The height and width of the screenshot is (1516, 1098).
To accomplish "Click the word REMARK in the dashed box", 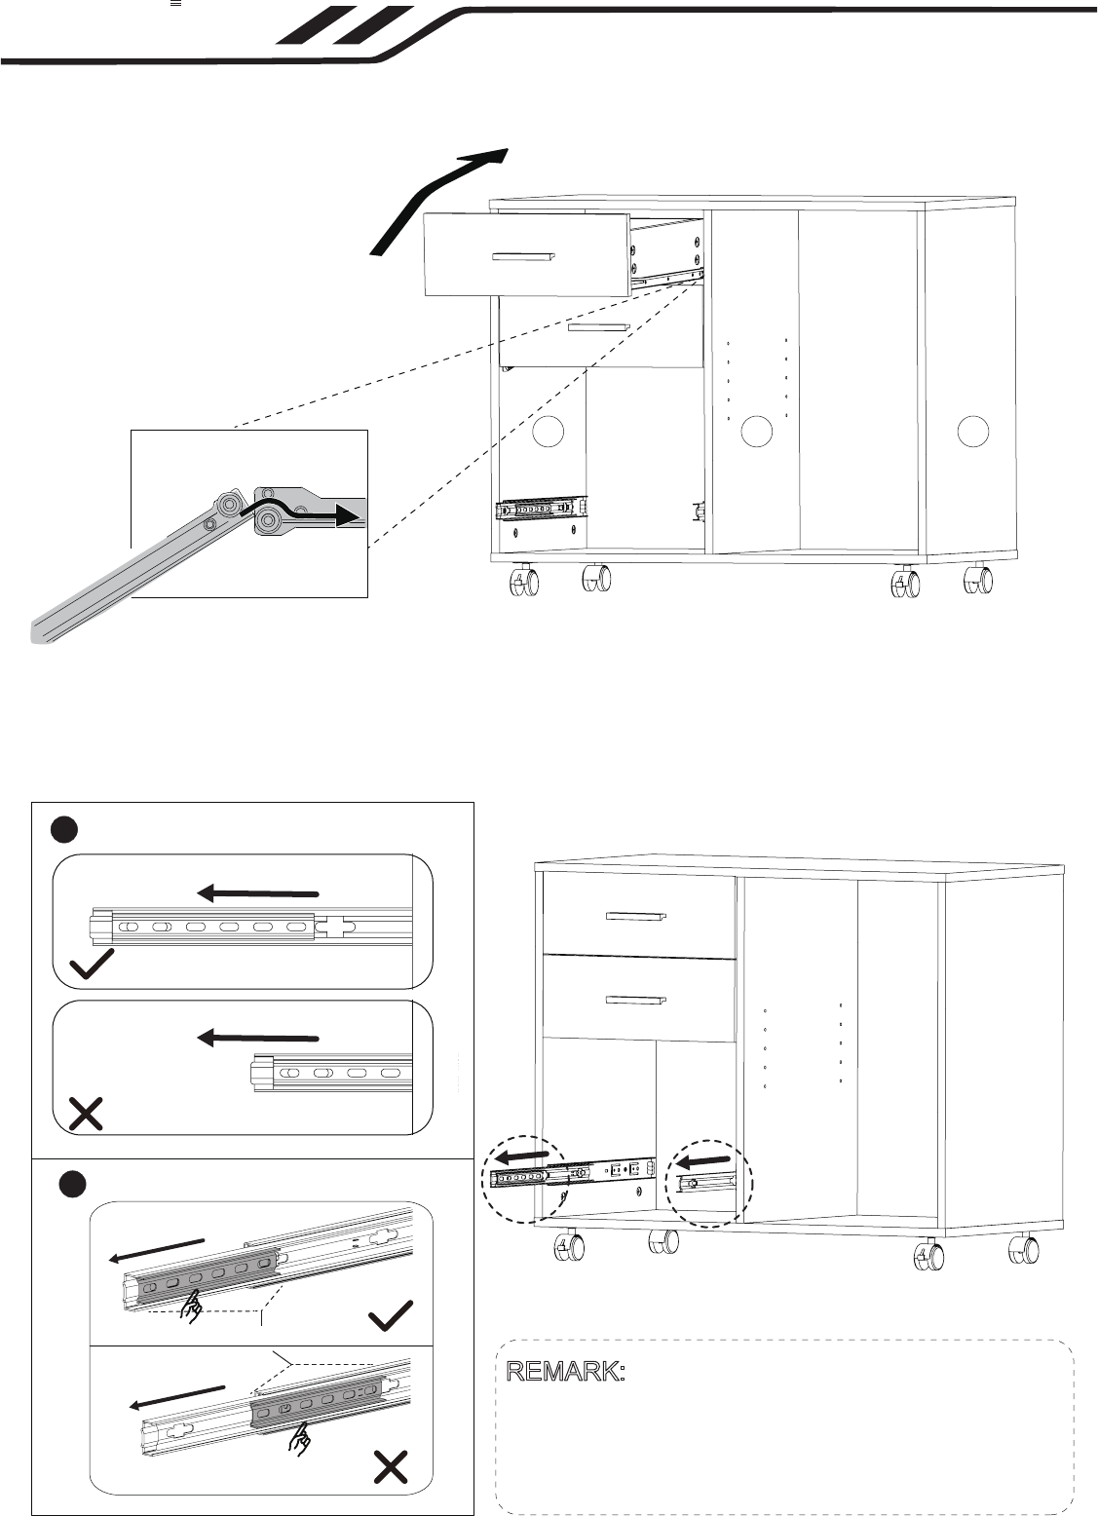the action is point(565,1371).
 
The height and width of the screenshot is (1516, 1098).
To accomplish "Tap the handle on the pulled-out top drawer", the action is point(523,256).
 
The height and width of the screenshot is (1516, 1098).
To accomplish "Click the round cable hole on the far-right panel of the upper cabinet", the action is point(972,431).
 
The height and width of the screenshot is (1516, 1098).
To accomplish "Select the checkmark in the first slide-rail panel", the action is point(92,965).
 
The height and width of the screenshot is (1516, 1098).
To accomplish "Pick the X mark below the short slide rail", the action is point(86,1114).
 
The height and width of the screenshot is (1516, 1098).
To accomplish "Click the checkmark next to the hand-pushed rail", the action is point(391,1315).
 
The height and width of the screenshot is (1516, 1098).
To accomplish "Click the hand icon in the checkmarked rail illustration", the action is point(192,1306).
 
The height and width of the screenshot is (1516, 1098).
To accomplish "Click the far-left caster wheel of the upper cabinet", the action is point(524,582).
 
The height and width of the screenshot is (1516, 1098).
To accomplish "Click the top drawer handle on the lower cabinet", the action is point(636,917).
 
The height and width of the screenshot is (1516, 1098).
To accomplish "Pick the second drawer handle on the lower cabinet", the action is point(636,1000).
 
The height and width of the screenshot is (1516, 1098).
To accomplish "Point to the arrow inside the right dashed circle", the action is point(703,1161).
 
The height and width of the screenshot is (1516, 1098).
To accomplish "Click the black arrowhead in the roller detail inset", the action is point(347,515).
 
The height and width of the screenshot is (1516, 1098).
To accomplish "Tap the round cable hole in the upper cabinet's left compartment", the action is point(548,432).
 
